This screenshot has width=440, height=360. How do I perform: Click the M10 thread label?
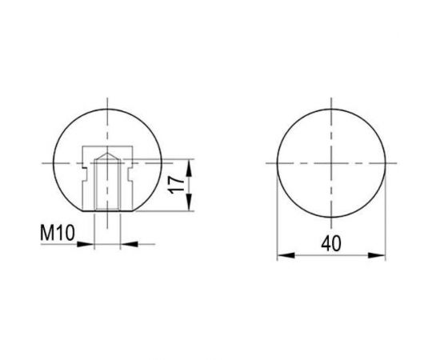click(x=58, y=233)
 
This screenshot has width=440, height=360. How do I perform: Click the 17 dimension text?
click(x=176, y=185)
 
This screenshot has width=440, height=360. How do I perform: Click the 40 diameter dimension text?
click(x=331, y=243)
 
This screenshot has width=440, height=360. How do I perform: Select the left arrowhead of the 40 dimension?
click(x=286, y=255)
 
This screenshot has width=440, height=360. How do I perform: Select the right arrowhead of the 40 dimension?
click(x=377, y=255)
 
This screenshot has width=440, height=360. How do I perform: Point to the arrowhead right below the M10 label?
click(x=86, y=244)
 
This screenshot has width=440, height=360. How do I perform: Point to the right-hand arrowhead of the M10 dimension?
click(x=129, y=244)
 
